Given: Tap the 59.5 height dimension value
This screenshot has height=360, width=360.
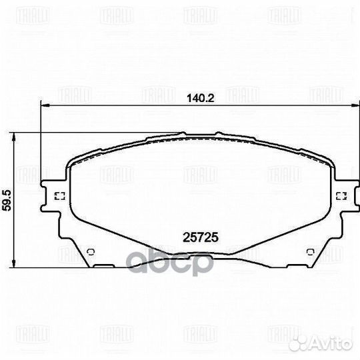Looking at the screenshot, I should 7,200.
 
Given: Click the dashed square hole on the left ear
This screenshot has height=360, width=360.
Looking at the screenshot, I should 58,196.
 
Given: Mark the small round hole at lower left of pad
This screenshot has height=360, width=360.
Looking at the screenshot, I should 92,251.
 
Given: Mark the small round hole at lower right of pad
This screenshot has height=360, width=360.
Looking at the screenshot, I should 309,251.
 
